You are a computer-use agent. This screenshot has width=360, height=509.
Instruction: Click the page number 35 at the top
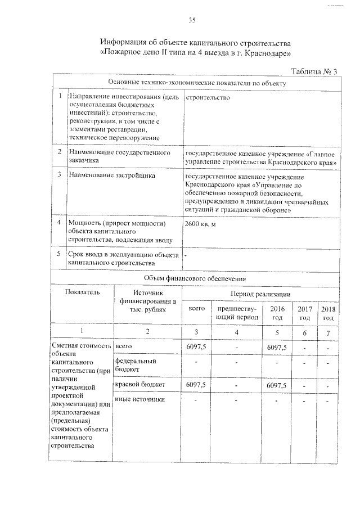pyautogui.click(x=192, y=21)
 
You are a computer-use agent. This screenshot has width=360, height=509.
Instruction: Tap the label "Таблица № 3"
pyautogui.click(x=314, y=71)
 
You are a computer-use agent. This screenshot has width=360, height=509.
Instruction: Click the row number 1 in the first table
pyautogui.click(x=60, y=97)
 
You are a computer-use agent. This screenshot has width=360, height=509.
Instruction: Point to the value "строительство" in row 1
pyautogui.click(x=206, y=97)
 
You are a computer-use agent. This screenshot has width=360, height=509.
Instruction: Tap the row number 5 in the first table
pyautogui.click(x=60, y=254)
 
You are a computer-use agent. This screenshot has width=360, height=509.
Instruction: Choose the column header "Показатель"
pyautogui.click(x=83, y=292)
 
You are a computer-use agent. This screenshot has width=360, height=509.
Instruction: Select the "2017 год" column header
pyautogui.click(x=304, y=313)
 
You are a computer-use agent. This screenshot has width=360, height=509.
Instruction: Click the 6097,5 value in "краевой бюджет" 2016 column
pyautogui.click(x=277, y=385)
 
